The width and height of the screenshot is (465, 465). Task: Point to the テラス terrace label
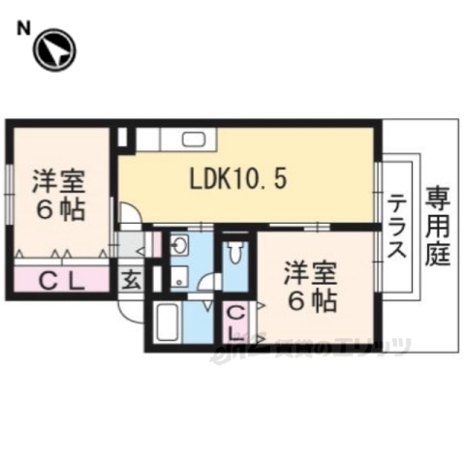point(398,228)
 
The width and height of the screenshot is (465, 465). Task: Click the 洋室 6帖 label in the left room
point(58,195)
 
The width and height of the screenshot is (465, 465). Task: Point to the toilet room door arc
point(206,291)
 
